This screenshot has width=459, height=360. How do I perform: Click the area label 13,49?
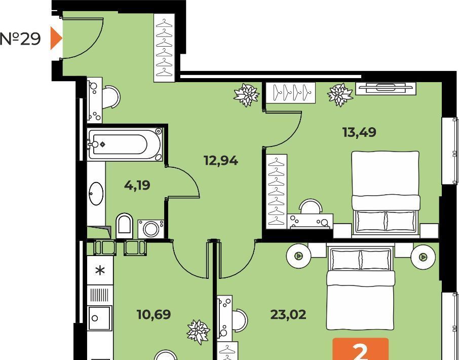pos(359,132)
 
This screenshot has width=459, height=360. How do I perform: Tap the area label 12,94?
pos(221,161)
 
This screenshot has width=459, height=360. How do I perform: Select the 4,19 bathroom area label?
pos(137,186)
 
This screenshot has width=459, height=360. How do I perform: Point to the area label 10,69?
pos(154,314)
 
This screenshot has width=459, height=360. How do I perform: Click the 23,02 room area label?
pos(288,314)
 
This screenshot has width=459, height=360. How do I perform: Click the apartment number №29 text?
pos(20,39)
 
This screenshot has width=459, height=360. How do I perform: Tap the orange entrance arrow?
pos(56,38)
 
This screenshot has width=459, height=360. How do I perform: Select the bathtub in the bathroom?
pos(125,143)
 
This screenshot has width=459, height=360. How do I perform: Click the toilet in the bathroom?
pos(125,226)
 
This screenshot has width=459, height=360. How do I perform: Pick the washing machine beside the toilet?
pos(151,229)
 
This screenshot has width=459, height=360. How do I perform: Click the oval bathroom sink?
pos(96,193)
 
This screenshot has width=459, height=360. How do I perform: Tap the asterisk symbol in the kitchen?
pos(100,270)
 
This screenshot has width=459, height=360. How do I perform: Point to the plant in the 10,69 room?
pos(198,332)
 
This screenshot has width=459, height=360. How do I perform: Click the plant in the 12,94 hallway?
pos(247,95)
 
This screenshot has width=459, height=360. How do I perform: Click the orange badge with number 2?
pos(361,349)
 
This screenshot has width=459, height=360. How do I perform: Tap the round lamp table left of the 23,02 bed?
pos(298,256)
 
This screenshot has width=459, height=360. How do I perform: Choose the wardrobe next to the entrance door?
pos(165,48)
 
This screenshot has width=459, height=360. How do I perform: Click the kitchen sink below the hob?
pos(99,318)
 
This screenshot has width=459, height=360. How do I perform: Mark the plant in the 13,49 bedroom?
pos(340,95)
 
